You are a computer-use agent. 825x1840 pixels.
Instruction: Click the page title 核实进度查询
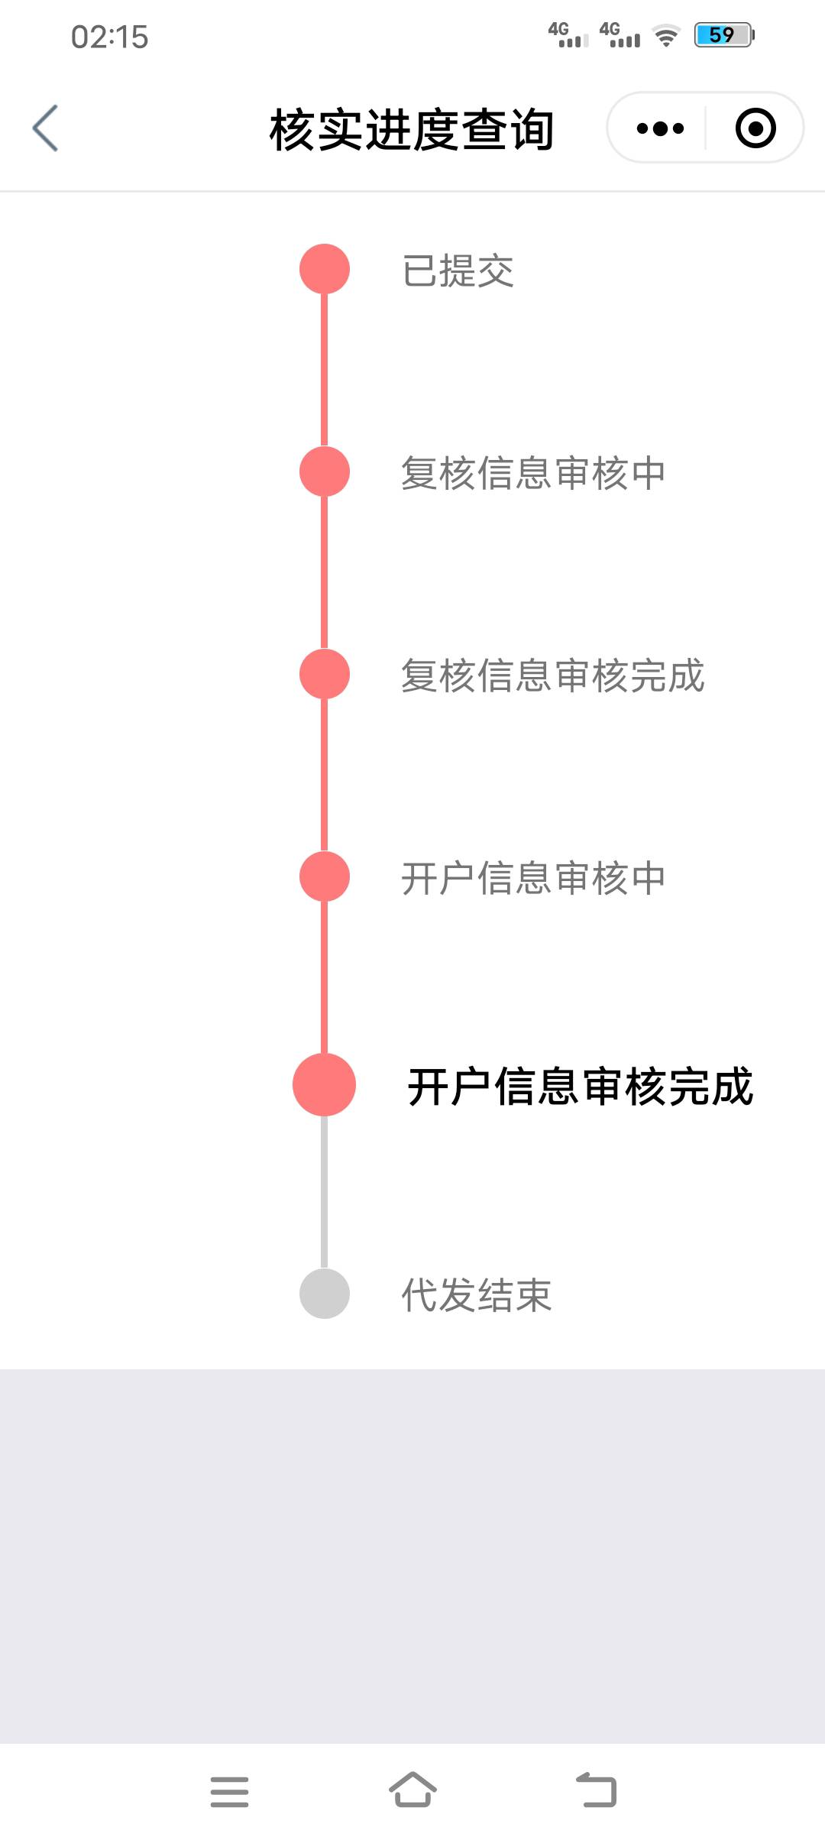point(412,130)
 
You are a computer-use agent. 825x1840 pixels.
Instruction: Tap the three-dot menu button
point(660,128)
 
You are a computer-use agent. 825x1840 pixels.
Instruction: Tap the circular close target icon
point(755,128)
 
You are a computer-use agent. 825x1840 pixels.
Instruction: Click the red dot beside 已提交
point(325,269)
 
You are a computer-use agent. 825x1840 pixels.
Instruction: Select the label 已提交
point(458,271)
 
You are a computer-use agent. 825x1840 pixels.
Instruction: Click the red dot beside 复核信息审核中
point(325,471)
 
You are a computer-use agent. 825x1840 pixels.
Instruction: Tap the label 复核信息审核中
point(533,473)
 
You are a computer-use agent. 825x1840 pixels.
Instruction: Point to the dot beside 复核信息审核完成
point(325,674)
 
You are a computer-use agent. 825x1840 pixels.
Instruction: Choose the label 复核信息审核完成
point(552,675)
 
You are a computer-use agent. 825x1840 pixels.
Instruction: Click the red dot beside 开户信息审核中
point(325,876)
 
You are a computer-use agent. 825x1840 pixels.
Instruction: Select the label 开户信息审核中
point(533,878)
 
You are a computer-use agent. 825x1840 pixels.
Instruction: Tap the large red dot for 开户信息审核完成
point(325,1085)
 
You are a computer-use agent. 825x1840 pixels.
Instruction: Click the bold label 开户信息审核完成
point(581,1087)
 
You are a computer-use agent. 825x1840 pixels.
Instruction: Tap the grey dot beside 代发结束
point(325,1294)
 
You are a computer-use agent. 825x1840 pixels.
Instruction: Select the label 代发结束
point(476,1295)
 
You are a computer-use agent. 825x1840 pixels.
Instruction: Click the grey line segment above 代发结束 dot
point(325,1192)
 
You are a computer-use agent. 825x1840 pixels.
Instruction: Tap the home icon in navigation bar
point(412,1790)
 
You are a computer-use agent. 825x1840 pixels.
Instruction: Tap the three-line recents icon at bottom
point(229,1792)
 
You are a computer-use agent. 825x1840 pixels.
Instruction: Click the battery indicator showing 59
point(723,35)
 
